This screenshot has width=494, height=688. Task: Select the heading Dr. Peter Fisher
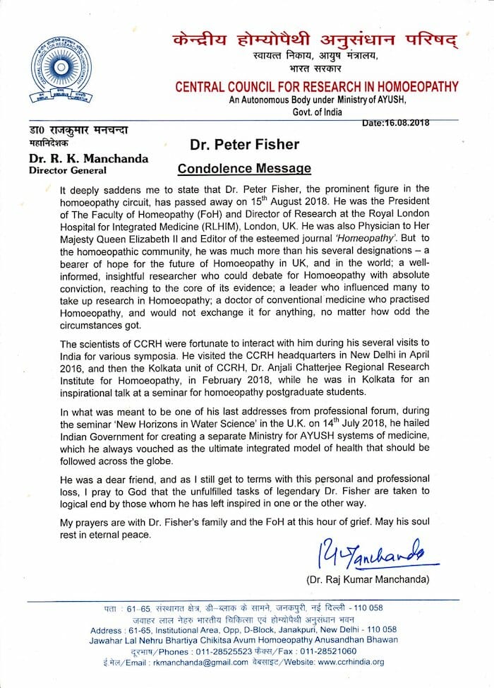click(x=244, y=145)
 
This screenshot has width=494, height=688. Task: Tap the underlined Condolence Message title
click(x=243, y=168)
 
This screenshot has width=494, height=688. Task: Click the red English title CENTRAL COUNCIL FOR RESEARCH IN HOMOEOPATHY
click(x=317, y=88)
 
